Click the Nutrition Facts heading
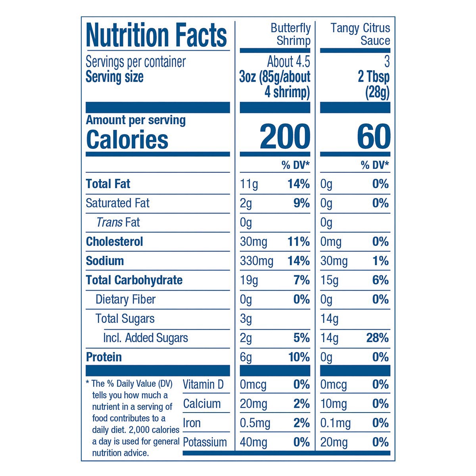click(x=156, y=35)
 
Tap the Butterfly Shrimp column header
click(x=290, y=35)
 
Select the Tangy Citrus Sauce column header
click(x=360, y=35)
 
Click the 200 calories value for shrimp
click(x=285, y=137)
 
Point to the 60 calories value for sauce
click(x=373, y=137)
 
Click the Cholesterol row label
click(x=114, y=242)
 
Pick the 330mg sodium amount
click(x=257, y=261)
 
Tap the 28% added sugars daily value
click(x=377, y=338)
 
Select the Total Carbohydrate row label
click(x=134, y=280)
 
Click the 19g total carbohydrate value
click(x=249, y=280)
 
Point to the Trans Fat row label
click(x=118, y=223)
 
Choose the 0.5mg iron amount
click(x=255, y=423)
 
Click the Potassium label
click(x=205, y=442)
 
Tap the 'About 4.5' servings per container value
click(x=288, y=62)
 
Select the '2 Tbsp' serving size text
click(x=373, y=77)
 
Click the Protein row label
click(x=104, y=357)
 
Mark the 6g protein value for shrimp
click(x=246, y=357)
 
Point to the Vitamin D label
click(x=203, y=384)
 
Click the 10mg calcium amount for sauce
click(x=334, y=404)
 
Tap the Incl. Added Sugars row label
click(x=145, y=338)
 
